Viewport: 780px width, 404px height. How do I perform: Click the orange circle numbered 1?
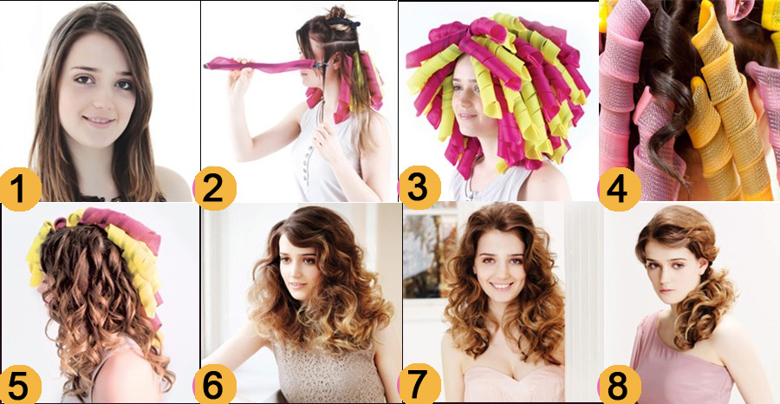tap(20, 190)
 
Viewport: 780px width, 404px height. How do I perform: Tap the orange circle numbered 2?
tap(214, 189)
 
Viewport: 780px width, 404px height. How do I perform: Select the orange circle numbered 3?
tap(419, 187)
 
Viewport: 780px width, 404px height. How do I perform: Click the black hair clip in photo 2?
tap(343, 22)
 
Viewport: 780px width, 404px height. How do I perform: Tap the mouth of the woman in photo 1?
tap(99, 120)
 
